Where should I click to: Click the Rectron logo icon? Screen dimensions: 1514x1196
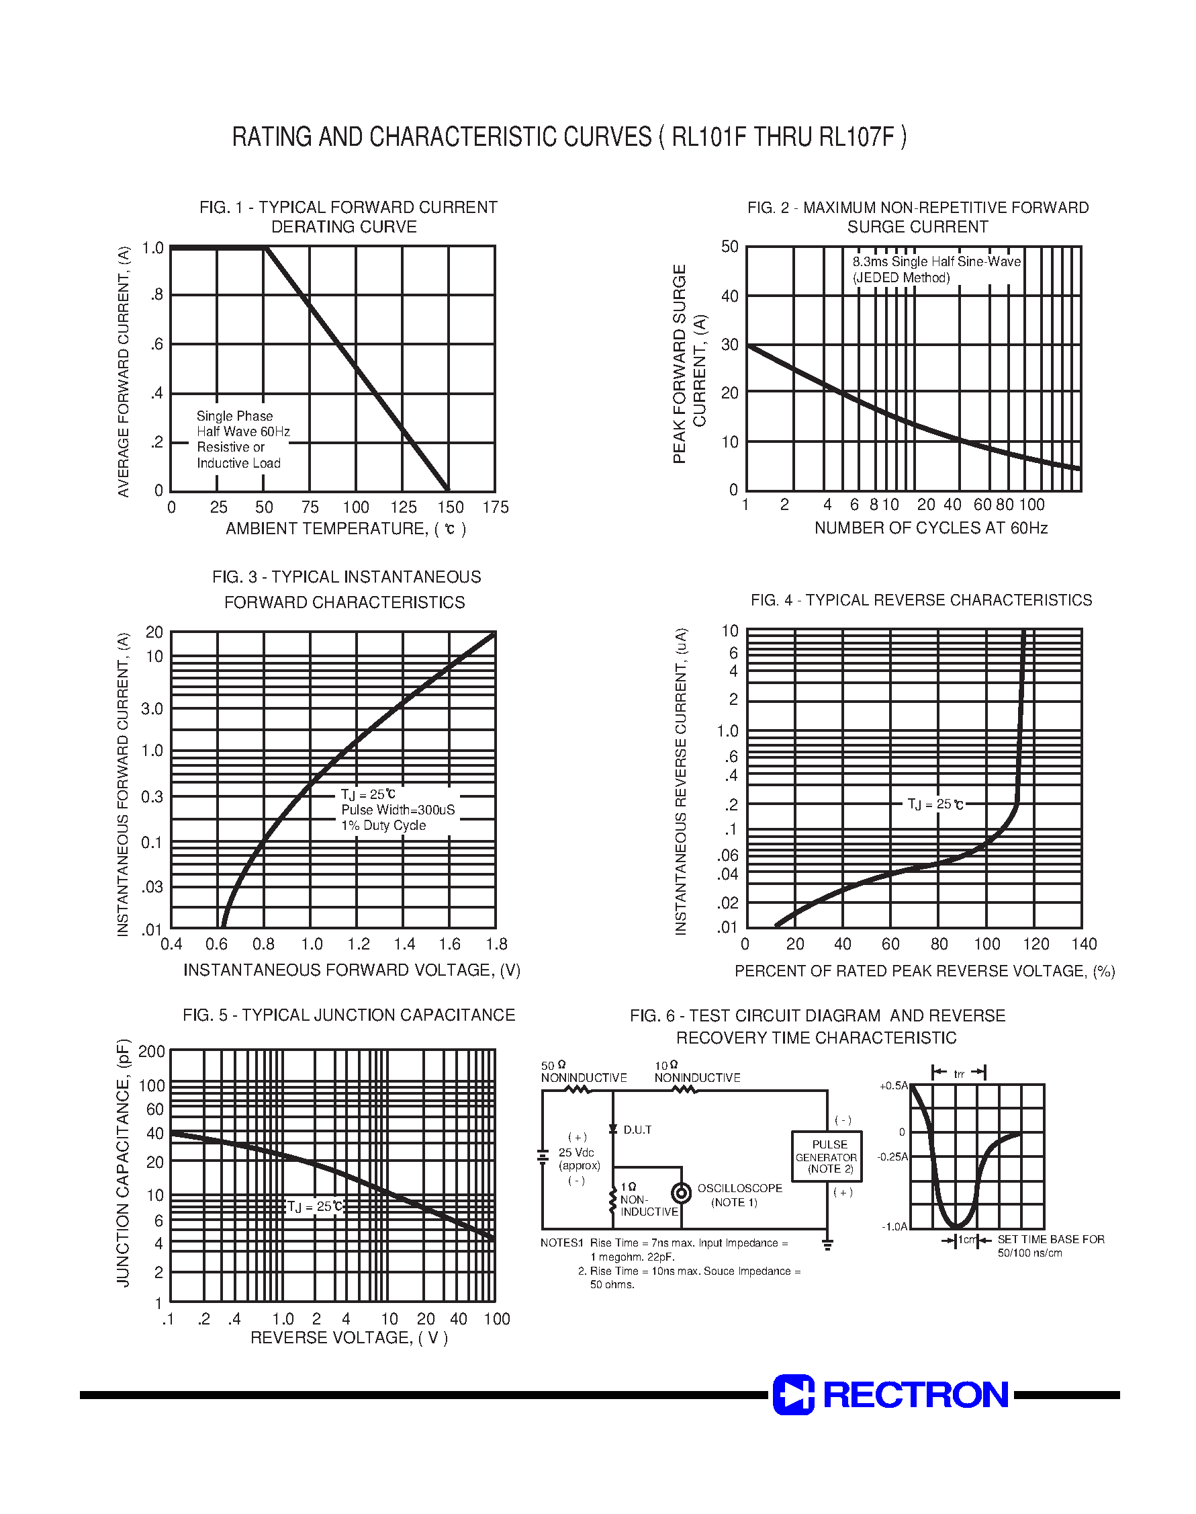coord(793,1394)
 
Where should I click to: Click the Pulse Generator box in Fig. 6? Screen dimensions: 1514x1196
coord(826,1156)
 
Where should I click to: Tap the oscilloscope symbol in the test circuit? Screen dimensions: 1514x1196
coord(681,1192)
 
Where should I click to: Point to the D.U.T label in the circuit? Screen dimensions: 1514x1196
coord(637,1130)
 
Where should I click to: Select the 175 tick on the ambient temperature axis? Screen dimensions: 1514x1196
coord(496,507)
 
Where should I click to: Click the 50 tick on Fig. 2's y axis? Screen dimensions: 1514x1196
coord(730,247)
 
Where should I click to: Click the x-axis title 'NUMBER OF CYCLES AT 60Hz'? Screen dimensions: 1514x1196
coord(931,528)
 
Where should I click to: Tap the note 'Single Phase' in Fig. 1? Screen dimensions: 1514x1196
coord(234,416)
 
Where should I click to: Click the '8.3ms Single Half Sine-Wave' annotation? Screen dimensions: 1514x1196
coord(936,262)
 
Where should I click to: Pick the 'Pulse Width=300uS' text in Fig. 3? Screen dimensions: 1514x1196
coord(398,810)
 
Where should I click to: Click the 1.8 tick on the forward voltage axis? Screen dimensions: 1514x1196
coord(496,943)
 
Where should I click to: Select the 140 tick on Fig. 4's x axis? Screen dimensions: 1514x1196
coord(1084,943)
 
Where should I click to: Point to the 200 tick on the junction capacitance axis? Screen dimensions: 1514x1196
coord(151,1052)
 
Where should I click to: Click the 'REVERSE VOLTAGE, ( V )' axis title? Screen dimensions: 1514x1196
coord(349,1337)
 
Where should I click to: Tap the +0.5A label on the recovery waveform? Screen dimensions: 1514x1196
coord(894,1086)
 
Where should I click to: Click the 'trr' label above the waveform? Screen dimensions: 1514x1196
coord(959,1074)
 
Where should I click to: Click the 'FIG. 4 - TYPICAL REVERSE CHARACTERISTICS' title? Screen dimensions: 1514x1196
coord(921,600)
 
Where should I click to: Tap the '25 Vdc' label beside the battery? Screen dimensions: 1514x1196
coord(576,1152)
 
